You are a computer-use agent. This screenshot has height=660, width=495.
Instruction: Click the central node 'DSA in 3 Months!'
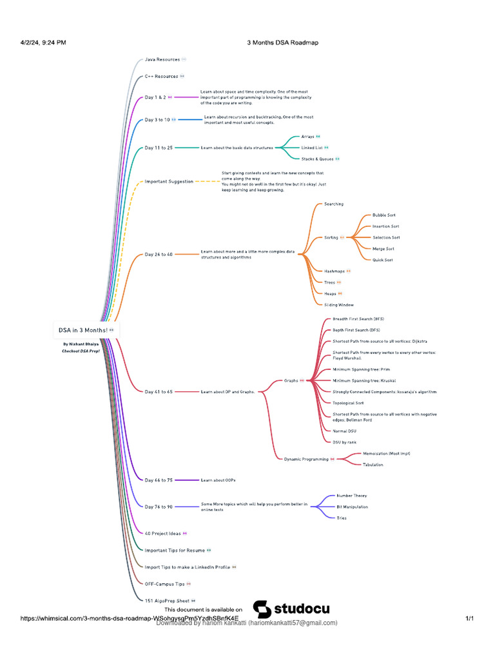(83, 329)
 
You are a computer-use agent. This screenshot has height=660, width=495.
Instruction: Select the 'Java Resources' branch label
(162, 59)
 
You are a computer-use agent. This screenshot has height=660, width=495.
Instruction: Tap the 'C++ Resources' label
(161, 76)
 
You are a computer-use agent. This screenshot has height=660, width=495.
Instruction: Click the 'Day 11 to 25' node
(159, 148)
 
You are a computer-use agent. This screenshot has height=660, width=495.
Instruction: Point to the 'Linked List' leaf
(312, 148)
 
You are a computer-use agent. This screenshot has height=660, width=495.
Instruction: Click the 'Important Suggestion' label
(168, 182)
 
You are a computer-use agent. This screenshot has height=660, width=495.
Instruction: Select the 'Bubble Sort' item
(384, 215)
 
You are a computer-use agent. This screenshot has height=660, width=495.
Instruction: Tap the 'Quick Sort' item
(383, 260)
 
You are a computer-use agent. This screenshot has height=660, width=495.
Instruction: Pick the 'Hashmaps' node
(334, 271)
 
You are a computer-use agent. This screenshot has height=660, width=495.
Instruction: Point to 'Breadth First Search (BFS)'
(358, 319)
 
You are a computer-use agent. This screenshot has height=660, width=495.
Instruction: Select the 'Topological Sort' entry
(348, 403)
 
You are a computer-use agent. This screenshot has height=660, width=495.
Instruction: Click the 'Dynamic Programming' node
(306, 459)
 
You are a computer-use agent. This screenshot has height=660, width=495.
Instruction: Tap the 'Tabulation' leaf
(373, 465)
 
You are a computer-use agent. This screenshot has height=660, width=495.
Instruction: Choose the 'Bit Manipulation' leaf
(353, 507)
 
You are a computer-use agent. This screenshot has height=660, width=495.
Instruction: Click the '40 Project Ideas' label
(162, 534)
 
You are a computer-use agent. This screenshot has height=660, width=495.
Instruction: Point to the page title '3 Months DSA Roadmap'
(282, 43)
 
